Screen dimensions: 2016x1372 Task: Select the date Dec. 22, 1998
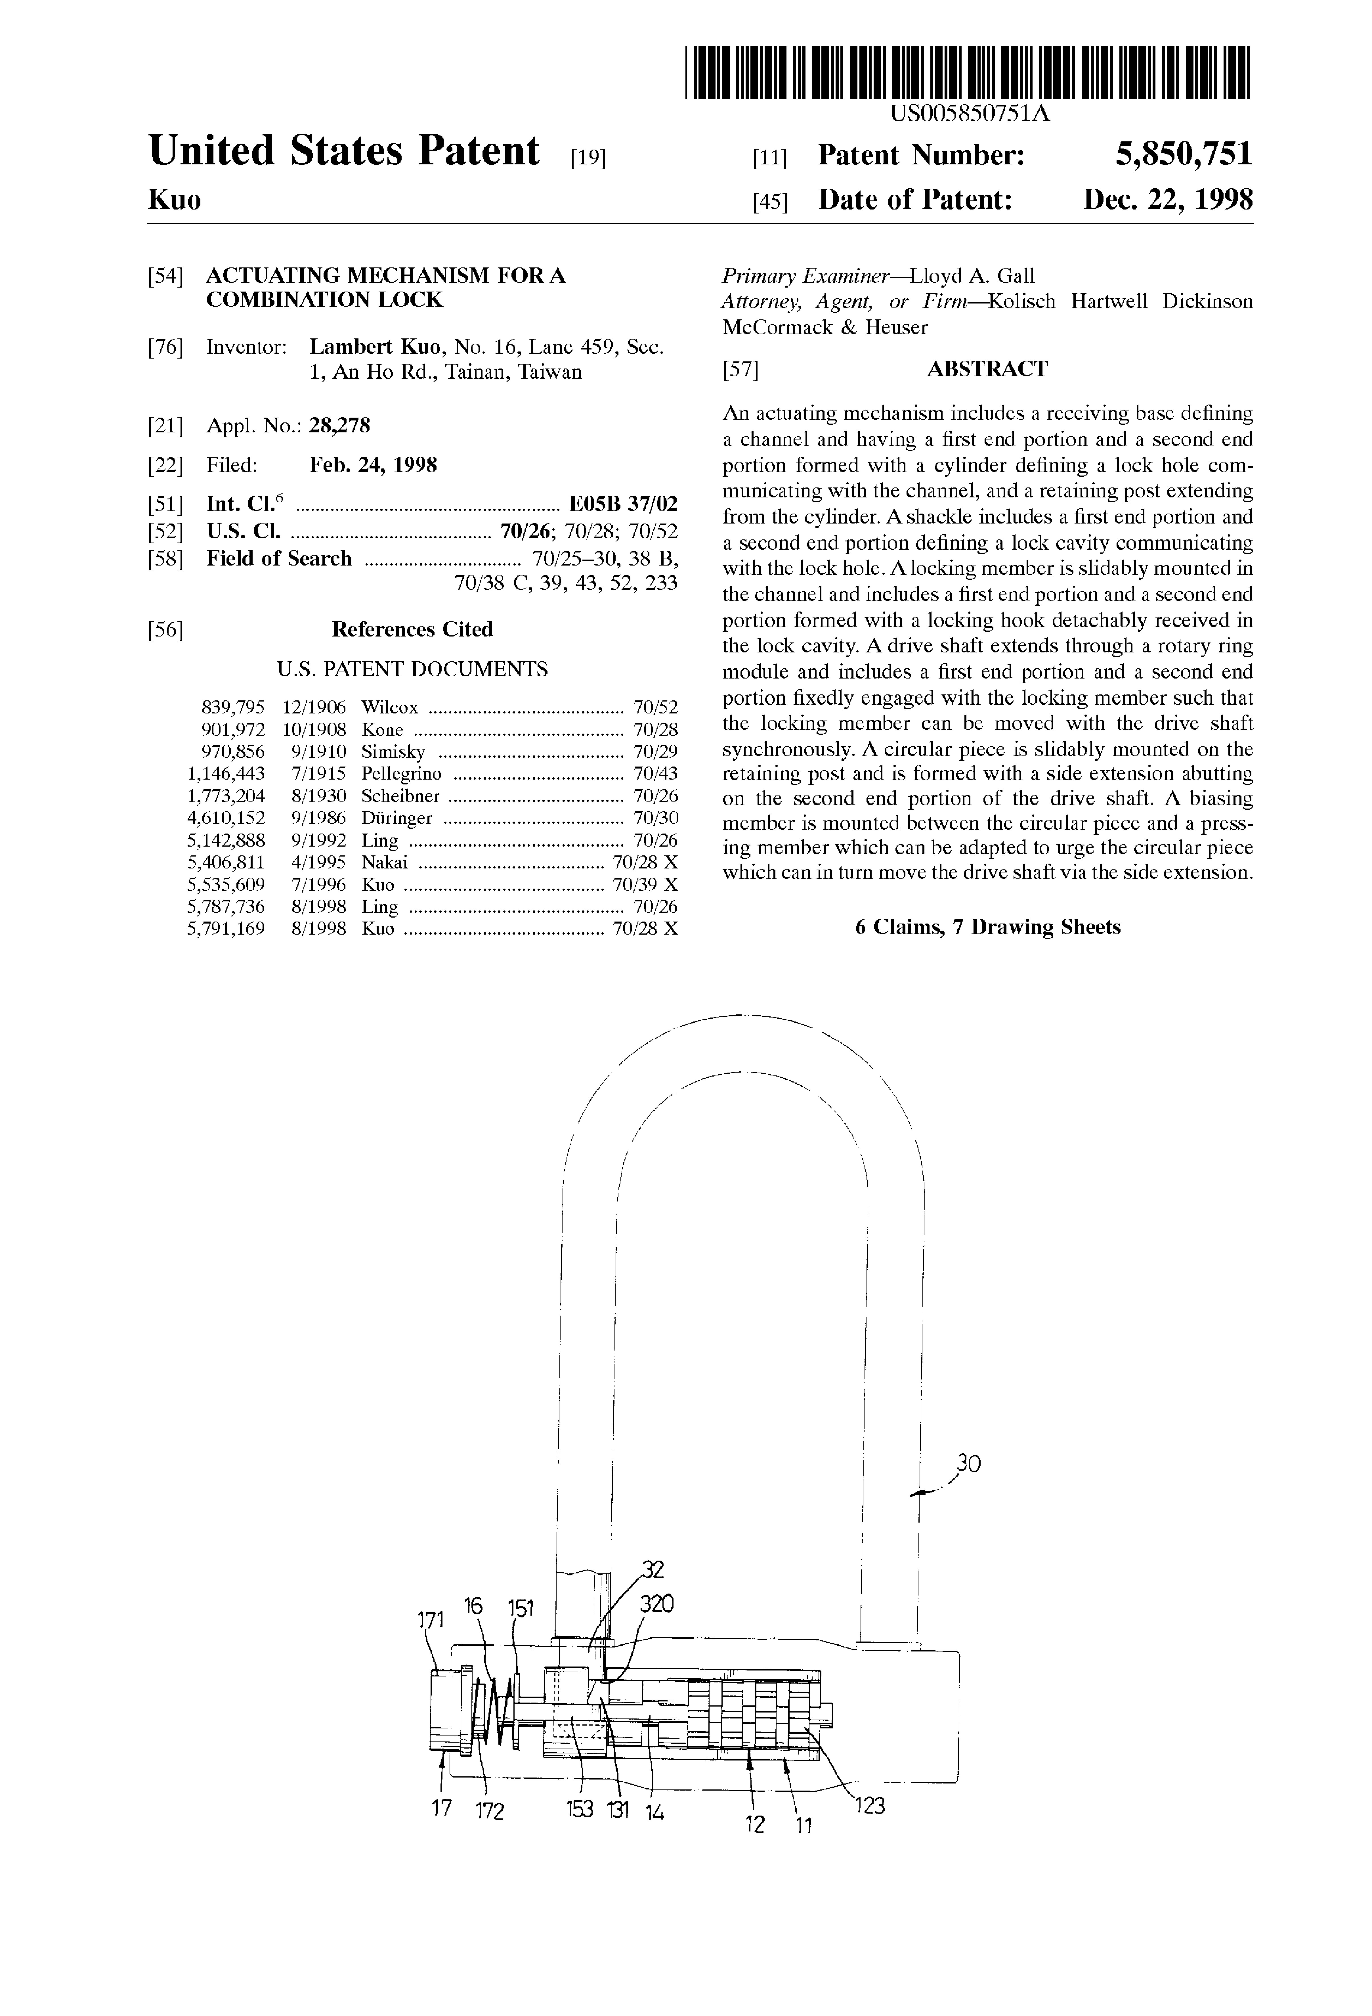tap(1167, 200)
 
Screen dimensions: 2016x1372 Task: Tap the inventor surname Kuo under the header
tap(174, 200)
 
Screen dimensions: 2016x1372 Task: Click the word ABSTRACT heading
tap(987, 370)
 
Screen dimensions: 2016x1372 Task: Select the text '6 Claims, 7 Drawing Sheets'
tap(987, 927)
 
